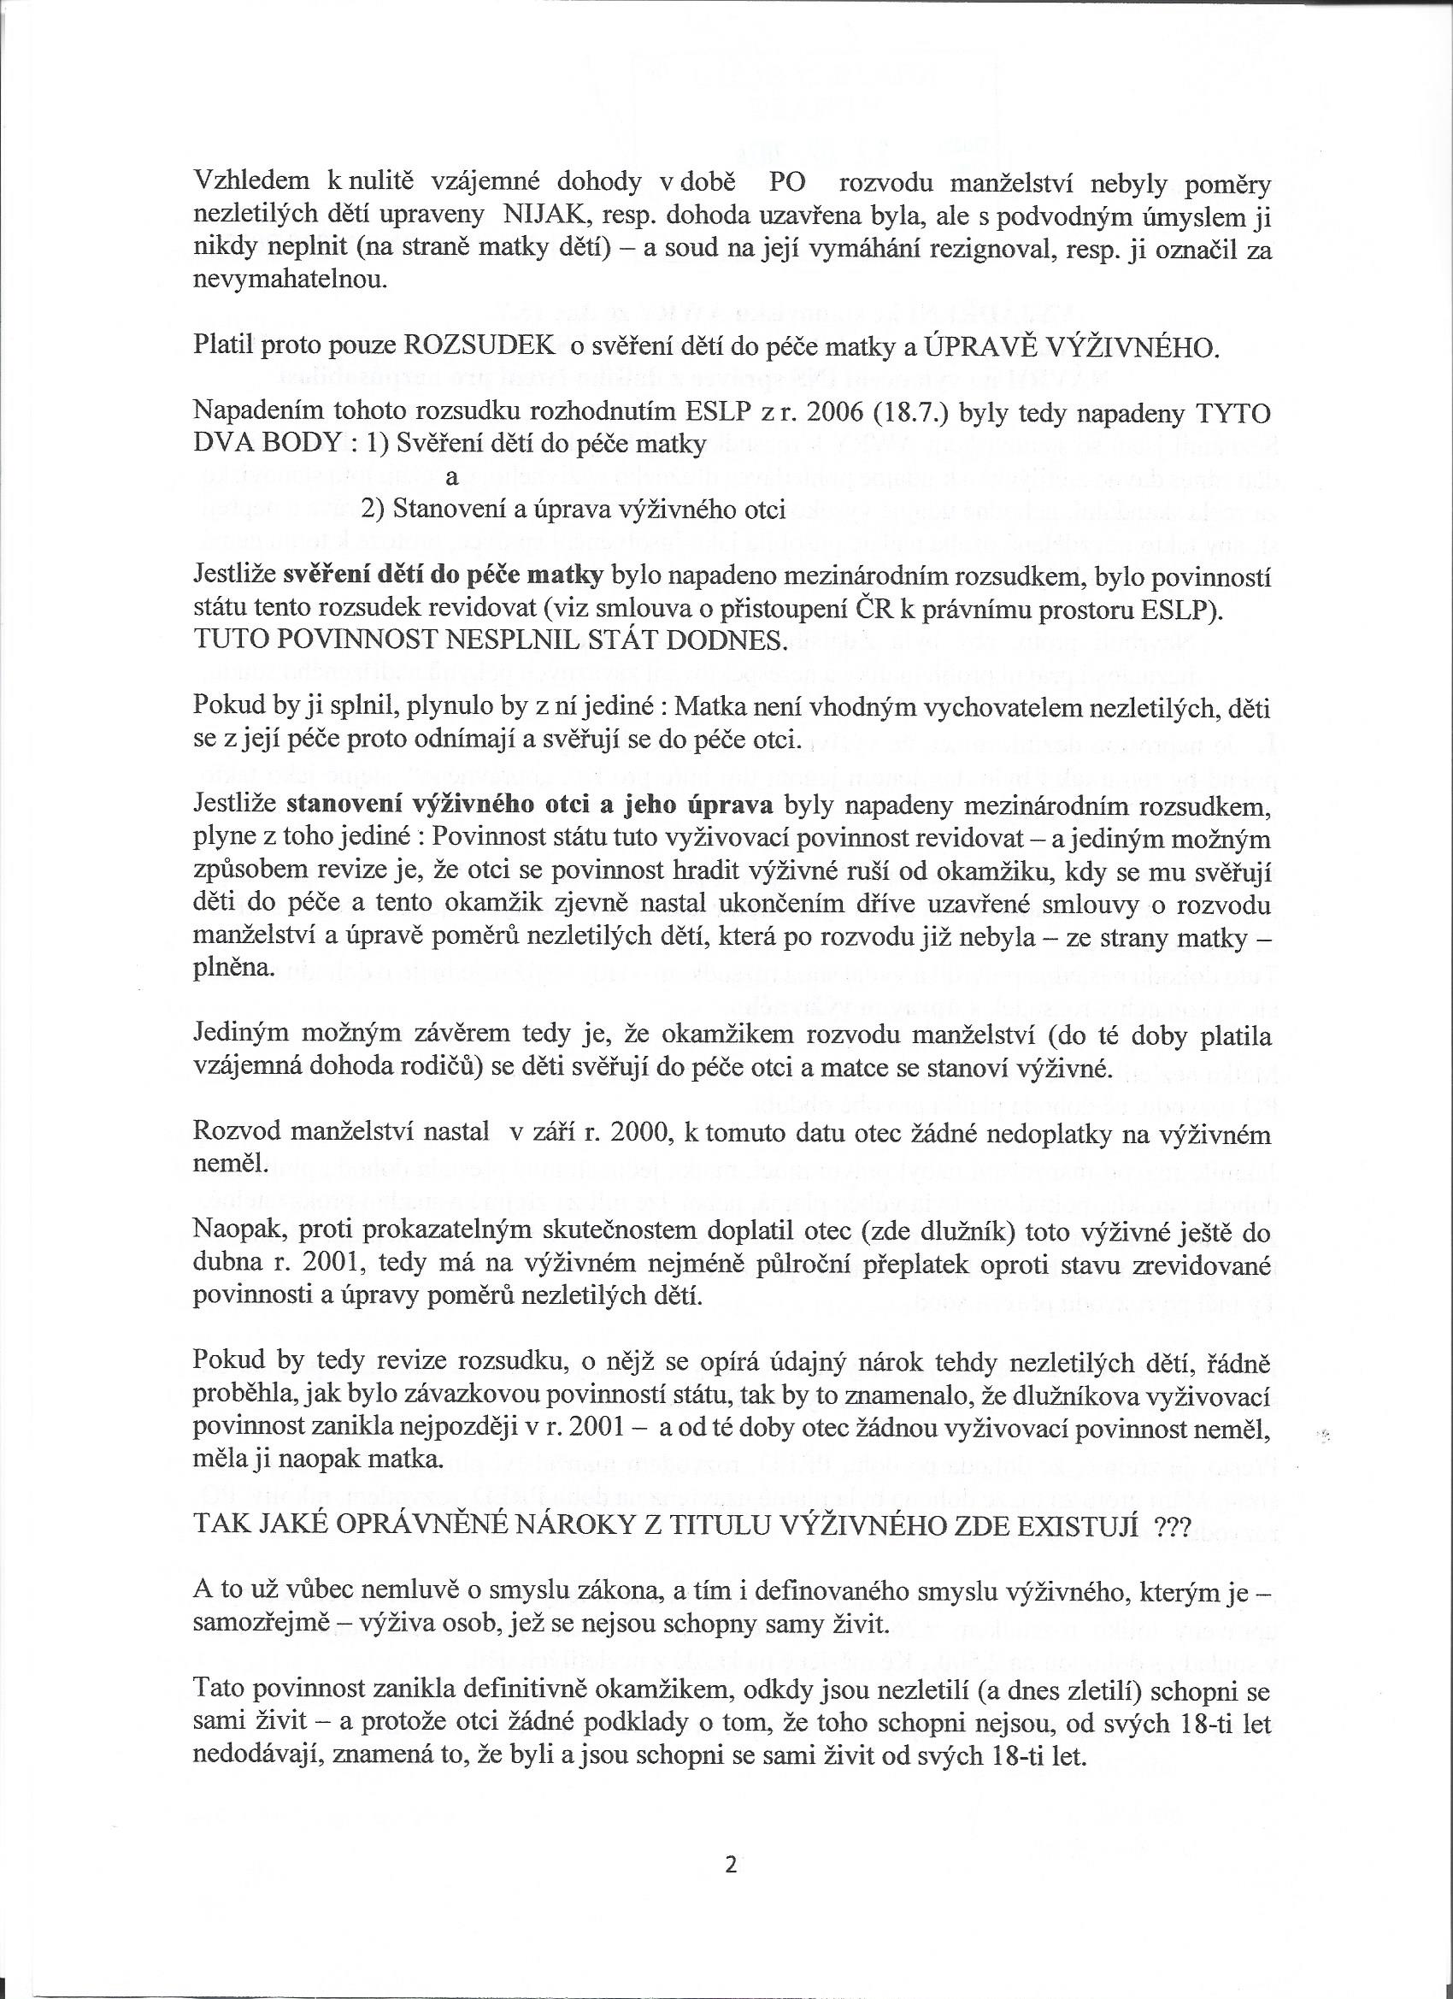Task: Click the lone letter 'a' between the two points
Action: [452, 478]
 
